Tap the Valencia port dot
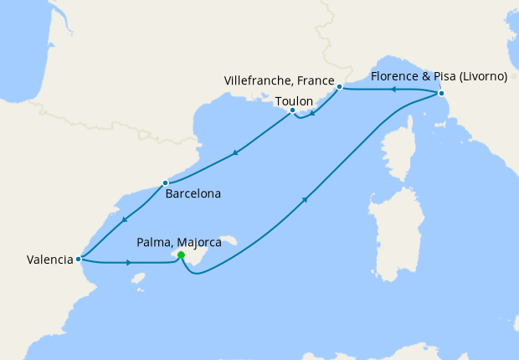coord(78,259)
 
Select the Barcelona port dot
coord(165,183)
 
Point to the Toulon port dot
coord(292,111)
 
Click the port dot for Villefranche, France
coord(339,87)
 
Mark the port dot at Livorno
coord(440,94)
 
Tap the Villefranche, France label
coord(280,80)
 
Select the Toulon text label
coord(294,100)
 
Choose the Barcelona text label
coord(193,193)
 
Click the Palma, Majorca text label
coord(178,243)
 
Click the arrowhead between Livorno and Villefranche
coord(393,90)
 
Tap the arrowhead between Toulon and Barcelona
coord(236,152)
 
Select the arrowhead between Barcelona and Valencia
coord(123,219)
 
